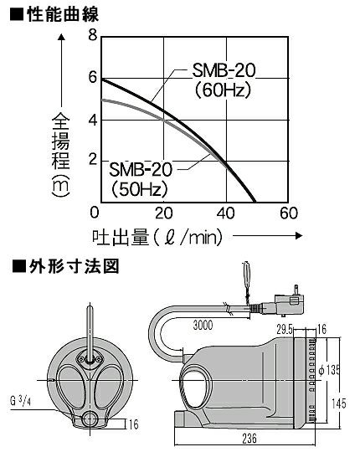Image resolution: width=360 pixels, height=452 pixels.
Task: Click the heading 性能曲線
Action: coord(63,14)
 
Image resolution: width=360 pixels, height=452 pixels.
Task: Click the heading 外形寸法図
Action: coord(74,266)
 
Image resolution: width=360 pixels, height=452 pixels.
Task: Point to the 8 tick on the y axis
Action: coord(93,36)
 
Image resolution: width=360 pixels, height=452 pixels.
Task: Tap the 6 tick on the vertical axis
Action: coord(93,77)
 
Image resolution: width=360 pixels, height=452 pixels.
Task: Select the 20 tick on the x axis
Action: coord(164,213)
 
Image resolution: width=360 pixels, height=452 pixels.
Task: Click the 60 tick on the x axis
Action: coord(289,213)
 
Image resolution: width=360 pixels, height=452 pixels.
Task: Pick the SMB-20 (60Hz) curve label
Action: coord(224,80)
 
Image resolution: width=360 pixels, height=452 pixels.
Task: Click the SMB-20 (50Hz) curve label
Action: coord(141,179)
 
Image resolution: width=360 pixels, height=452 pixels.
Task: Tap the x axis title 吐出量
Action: coord(121,237)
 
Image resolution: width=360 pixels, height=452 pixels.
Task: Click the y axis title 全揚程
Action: coord(61,141)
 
